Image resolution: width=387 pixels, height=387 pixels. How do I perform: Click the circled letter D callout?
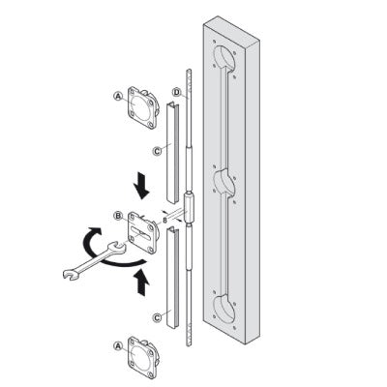point(177,92)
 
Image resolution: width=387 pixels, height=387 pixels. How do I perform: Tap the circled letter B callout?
point(118,216)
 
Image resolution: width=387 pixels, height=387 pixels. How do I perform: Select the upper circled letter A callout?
point(118,96)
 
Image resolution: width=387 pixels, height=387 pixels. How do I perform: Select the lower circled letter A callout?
point(118,346)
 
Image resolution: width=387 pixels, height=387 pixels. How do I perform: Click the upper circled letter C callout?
point(157,151)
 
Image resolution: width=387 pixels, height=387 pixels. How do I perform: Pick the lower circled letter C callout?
point(157,317)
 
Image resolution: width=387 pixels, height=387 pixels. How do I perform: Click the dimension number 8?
point(164,221)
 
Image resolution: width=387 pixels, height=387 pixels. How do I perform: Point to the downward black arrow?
point(141,186)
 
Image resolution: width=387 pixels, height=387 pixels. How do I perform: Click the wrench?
point(94,260)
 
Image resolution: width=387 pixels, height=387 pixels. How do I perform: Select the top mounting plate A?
point(143,107)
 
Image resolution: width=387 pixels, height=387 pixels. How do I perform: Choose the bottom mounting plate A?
point(143,357)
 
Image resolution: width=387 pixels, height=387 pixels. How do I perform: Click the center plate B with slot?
point(143,233)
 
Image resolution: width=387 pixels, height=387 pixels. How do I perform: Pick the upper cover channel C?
point(172,153)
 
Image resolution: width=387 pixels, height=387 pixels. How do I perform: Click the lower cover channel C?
point(172,278)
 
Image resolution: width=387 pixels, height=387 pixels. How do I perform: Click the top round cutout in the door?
point(224,58)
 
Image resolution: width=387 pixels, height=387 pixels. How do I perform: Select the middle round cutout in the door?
point(224,182)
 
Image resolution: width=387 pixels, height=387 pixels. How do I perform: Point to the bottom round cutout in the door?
point(224,309)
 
